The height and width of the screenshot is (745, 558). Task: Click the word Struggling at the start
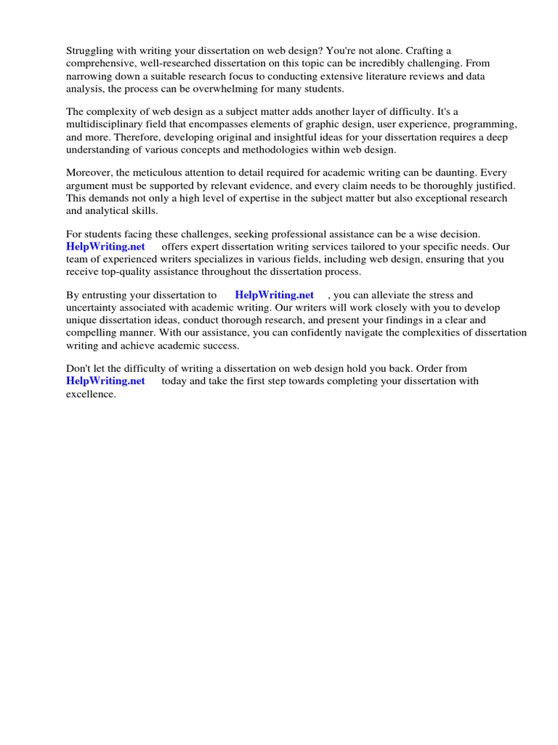pos(91,51)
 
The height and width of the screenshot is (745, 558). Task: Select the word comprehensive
pos(100,63)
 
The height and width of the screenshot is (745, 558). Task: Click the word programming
pos(488,124)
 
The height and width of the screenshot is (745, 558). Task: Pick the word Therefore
pos(137,137)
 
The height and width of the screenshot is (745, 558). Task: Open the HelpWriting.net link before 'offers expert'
pos(106,247)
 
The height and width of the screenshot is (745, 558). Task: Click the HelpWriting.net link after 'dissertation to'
pos(274,295)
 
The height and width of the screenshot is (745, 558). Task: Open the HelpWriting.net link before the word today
pos(106,381)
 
